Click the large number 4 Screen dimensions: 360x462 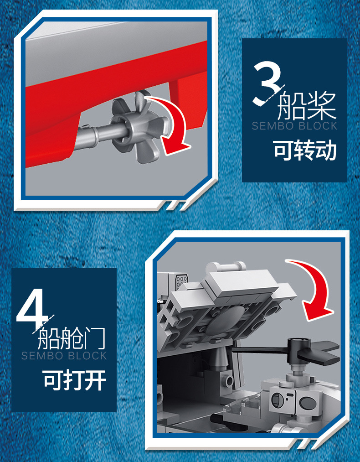pos(33,309)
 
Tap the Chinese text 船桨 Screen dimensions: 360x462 pos(306,105)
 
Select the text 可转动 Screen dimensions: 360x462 pos(305,150)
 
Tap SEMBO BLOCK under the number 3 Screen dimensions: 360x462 pos(294,126)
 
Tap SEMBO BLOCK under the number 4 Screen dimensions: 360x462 pos(64,356)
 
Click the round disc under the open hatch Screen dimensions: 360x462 pos(225,320)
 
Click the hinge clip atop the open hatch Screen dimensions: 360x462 pos(226,267)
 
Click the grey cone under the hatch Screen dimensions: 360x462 pos(219,358)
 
